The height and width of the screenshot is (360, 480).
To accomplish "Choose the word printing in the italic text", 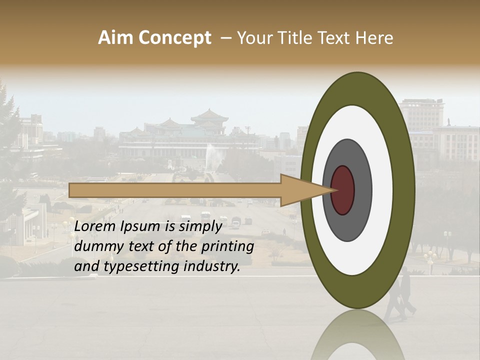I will coord(227,247).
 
